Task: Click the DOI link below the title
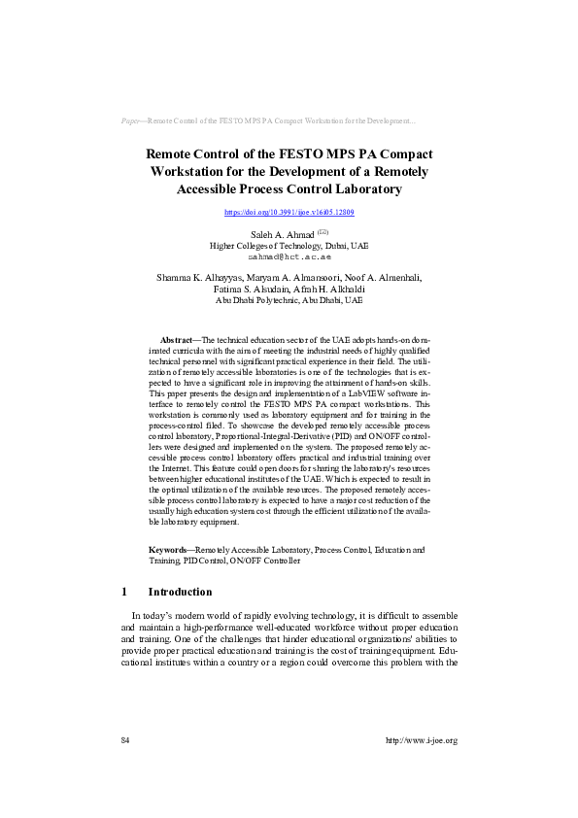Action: click(289, 212)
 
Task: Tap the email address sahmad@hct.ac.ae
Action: click(289, 257)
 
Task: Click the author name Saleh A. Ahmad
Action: click(276, 235)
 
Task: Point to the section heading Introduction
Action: click(180, 592)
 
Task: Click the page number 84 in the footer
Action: click(125, 740)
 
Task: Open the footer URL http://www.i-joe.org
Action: click(421, 740)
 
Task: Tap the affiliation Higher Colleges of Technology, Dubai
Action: click(289, 247)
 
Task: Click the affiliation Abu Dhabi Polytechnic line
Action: click(289, 301)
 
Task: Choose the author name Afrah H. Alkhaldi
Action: click(337, 290)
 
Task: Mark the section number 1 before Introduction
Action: click(123, 592)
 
